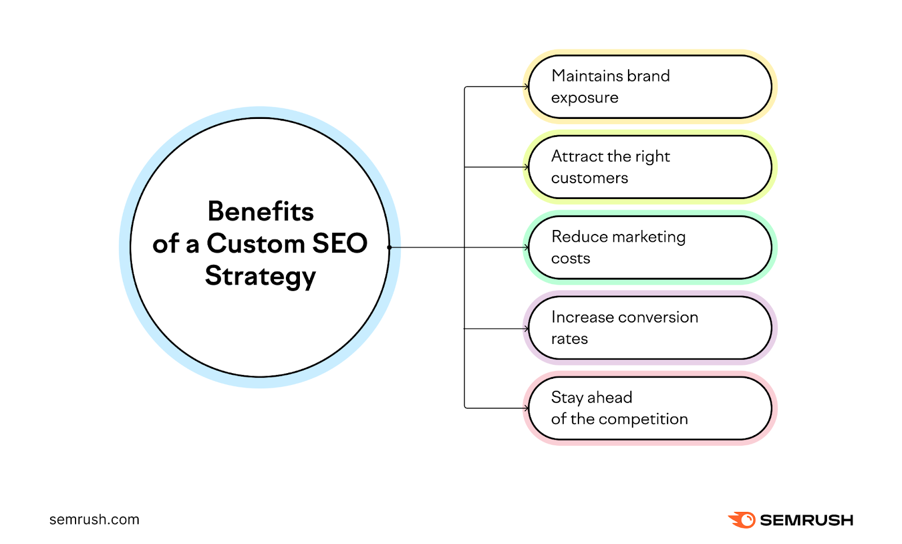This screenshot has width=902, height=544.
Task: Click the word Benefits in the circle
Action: (260, 212)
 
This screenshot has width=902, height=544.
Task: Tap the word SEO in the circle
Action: (339, 244)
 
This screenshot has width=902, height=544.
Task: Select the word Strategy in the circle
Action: (260, 276)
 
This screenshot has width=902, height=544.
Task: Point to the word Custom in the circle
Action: (256, 244)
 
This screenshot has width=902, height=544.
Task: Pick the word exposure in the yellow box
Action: (585, 98)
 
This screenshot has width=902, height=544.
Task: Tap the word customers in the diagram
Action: (589, 178)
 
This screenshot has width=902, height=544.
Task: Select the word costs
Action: (571, 259)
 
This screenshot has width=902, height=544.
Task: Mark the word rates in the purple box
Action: (569, 339)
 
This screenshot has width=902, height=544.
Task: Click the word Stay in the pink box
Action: (567, 397)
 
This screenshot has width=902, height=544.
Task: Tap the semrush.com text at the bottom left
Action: (94, 520)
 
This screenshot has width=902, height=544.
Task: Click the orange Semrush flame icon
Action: (742, 520)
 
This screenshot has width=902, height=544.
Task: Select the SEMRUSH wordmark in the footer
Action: (806, 520)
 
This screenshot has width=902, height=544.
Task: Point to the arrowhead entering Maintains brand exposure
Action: (526, 87)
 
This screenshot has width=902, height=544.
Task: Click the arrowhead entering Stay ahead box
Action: (526, 408)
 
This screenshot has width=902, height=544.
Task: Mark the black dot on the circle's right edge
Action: (389, 247)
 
